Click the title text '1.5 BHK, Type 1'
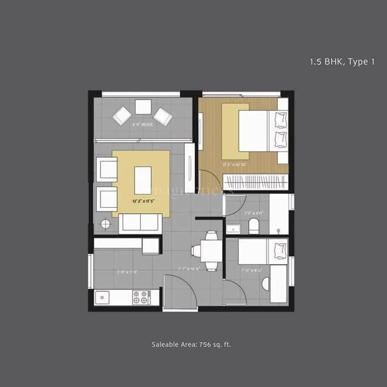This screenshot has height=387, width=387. click(x=342, y=62)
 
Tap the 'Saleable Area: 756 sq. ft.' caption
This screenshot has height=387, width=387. click(x=191, y=344)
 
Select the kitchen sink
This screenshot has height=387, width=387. click(x=103, y=297)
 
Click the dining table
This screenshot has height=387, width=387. click(x=212, y=251)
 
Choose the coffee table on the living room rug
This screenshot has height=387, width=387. click(x=143, y=180)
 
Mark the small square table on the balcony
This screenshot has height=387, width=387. click(x=143, y=107)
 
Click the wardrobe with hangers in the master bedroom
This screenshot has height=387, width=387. click(x=255, y=182)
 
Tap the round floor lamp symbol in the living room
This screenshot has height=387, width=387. click(x=105, y=224)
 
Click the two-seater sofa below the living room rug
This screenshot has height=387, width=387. click(x=140, y=223)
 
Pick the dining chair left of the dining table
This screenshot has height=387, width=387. click(x=195, y=251)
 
